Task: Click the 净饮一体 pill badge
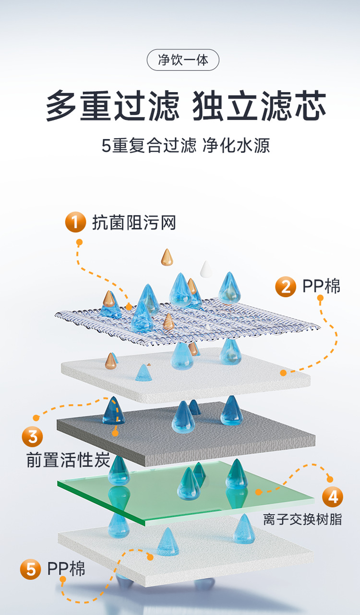182,60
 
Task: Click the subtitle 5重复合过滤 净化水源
186,145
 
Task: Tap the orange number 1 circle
75,222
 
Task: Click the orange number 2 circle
286,287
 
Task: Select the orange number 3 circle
32,437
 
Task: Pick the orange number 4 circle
333,496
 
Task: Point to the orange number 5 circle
30,570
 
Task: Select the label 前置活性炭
68,460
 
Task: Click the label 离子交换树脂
302,519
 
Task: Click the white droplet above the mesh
206,269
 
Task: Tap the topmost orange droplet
167,257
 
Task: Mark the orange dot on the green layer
258,492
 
